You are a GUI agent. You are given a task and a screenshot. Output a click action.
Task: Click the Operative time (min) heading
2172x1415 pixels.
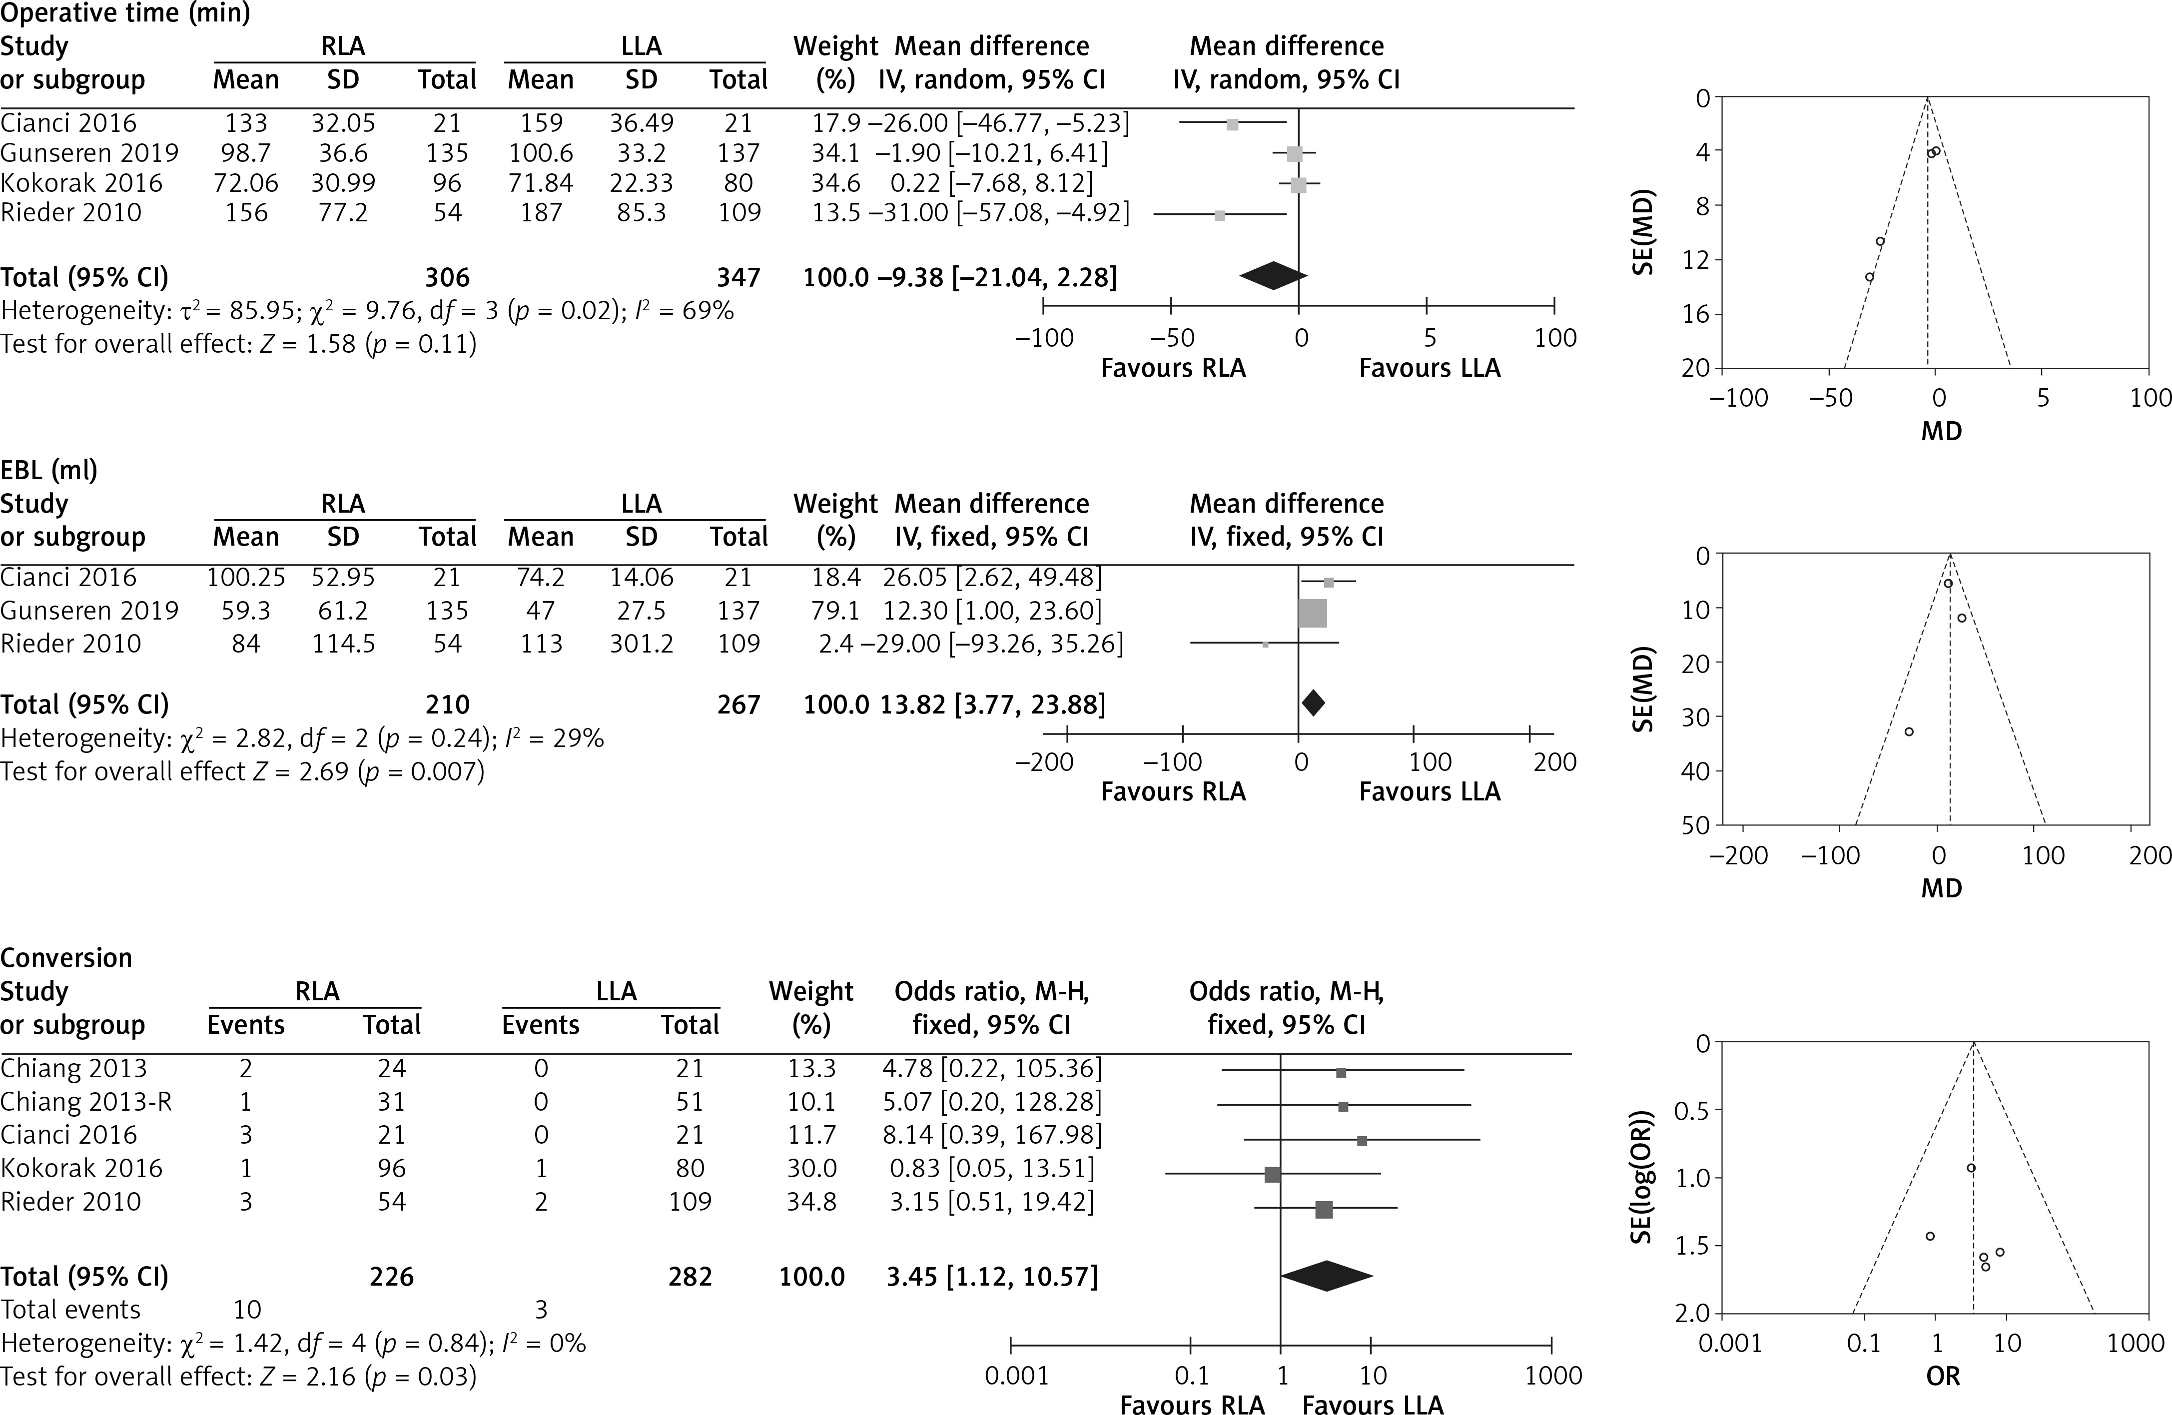[x=125, y=13]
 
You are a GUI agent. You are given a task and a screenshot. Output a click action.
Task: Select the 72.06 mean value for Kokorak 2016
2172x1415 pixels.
[x=245, y=182]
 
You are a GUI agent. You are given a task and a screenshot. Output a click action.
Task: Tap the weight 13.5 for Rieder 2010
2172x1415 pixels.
[x=835, y=212]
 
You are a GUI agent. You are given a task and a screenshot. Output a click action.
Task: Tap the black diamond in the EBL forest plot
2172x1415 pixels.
[x=1312, y=703]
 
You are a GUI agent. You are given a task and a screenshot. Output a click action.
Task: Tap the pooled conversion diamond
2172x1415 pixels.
[x=1327, y=1276]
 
